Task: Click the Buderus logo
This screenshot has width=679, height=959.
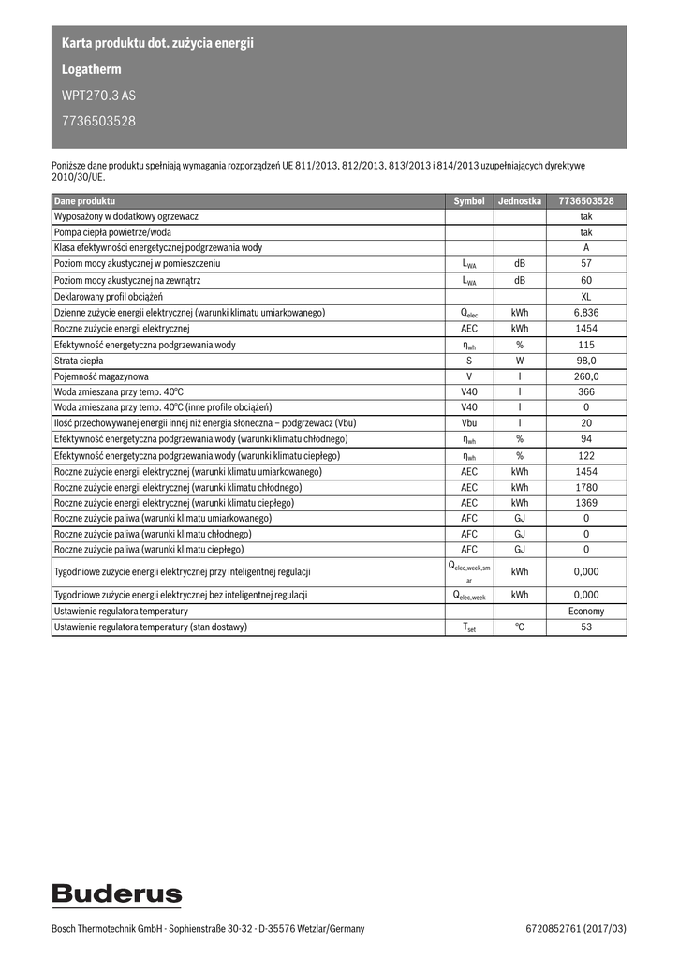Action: [117, 894]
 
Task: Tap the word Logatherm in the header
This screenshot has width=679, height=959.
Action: [91, 69]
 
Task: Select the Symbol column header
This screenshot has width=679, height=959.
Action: [469, 200]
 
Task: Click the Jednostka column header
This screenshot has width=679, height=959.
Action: [520, 200]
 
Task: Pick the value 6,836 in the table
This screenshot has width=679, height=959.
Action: [586, 312]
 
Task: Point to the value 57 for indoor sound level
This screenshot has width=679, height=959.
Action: [586, 264]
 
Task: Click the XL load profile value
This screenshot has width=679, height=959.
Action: [586, 296]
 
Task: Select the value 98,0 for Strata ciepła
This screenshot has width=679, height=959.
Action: [586, 361]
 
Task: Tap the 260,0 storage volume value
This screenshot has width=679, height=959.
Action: [586, 376]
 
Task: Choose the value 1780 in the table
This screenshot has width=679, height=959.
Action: [586, 487]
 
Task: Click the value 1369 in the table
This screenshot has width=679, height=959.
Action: [586, 503]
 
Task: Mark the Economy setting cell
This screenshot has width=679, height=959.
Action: [586, 611]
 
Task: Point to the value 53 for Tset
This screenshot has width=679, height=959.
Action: [586, 627]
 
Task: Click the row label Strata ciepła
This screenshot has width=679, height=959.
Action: [79, 361]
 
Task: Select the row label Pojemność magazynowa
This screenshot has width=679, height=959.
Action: [101, 376]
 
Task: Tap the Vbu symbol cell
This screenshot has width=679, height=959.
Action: [469, 423]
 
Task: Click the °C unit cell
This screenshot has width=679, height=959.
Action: [520, 627]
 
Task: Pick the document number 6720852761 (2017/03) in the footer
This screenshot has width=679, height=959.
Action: [576, 929]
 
